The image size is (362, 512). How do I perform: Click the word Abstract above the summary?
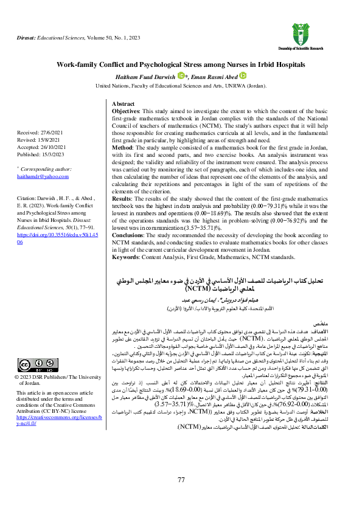pos(124,105)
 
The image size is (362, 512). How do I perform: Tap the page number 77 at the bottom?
pos(181,480)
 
